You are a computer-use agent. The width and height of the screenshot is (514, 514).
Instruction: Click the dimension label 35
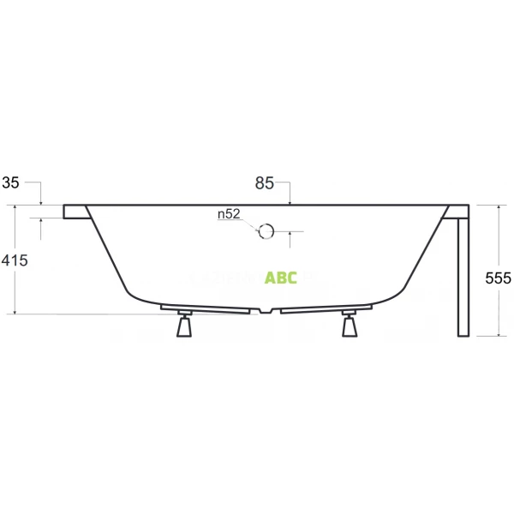(x=11, y=182)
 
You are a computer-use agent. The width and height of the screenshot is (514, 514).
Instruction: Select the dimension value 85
(x=264, y=182)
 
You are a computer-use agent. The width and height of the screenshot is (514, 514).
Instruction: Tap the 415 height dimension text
(x=15, y=262)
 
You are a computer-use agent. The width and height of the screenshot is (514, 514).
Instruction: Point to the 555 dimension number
(x=498, y=278)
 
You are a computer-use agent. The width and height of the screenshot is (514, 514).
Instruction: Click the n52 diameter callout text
(x=229, y=215)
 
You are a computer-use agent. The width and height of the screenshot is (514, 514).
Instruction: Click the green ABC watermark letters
(x=281, y=278)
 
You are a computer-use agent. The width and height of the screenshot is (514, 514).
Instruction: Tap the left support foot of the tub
(x=183, y=327)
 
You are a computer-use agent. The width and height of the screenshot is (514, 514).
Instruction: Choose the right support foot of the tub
(x=349, y=327)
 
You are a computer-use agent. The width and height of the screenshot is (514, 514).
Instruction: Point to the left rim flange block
(x=75, y=212)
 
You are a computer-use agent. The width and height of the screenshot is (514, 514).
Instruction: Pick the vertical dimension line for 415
(x=15, y=291)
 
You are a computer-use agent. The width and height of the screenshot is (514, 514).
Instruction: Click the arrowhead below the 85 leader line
(x=292, y=201)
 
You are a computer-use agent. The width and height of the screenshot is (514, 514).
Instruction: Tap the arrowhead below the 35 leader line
(x=41, y=201)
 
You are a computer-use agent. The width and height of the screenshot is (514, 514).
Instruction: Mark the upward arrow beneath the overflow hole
(x=291, y=233)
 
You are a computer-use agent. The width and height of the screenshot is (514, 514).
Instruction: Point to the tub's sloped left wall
(x=107, y=253)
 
